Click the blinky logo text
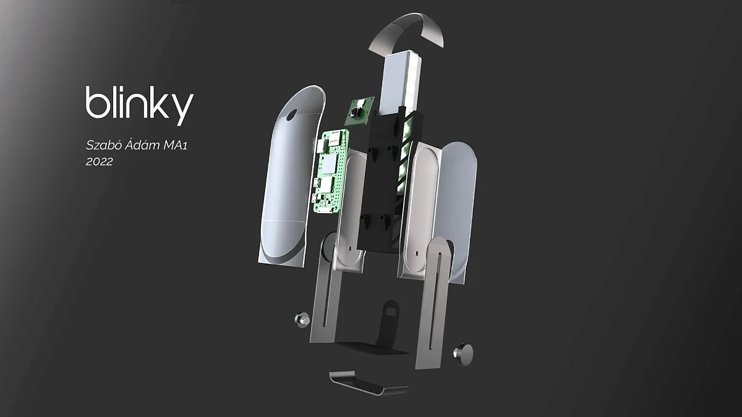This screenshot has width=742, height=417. click(x=140, y=106)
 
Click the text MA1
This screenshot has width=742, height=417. click(x=176, y=145)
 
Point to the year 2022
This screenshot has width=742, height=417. click(x=100, y=161)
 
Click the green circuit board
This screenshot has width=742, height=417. click(x=331, y=171)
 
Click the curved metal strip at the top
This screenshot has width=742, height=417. click(x=406, y=30)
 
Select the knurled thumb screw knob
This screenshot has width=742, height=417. click(x=463, y=354)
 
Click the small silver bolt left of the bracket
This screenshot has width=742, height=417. click(x=302, y=320)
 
